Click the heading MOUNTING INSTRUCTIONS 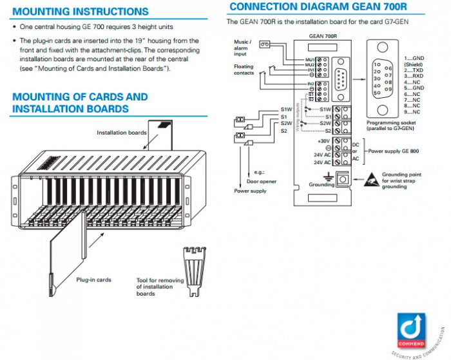(81, 12)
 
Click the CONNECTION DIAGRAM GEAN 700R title (318, 7)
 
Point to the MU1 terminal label (309, 59)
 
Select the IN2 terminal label (310, 84)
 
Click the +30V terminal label (323, 140)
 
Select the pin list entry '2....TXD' (415, 70)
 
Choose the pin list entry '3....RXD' (415, 76)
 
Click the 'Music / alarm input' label (244, 47)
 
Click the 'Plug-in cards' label (94, 279)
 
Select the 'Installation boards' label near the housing (122, 133)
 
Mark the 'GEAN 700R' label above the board (321, 37)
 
